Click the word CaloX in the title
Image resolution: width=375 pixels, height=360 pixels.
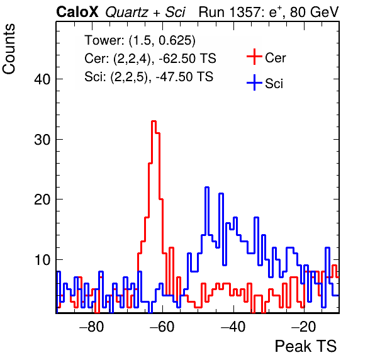pos(77,12)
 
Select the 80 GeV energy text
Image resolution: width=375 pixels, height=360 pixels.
pos(315,12)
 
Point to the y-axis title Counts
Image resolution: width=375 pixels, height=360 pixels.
pos(9,49)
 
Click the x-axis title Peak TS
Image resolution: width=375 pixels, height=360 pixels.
pos(306,346)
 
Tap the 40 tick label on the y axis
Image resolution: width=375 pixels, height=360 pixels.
pos(42,79)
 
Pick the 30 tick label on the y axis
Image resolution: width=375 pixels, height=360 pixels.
pos(42,140)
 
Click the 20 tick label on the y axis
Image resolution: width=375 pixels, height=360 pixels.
pos(42,200)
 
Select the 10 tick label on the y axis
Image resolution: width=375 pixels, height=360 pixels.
pos(42,260)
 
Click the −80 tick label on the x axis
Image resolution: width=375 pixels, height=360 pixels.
pos(92,327)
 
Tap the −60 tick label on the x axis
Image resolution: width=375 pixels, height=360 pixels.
pos(162,327)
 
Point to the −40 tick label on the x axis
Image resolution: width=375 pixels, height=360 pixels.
pos(233,327)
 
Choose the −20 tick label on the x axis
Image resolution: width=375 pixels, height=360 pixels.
pos(304,327)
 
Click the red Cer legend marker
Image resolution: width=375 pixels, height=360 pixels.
pos(254,57)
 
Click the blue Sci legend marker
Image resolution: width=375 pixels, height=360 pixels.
pos(254,82)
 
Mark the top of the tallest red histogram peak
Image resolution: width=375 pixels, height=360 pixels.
pos(154,121)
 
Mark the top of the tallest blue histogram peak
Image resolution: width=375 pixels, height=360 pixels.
pos(207,188)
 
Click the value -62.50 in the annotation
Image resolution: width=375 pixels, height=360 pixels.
pos(175,59)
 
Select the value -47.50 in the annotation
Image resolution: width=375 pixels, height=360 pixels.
pos(172,77)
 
